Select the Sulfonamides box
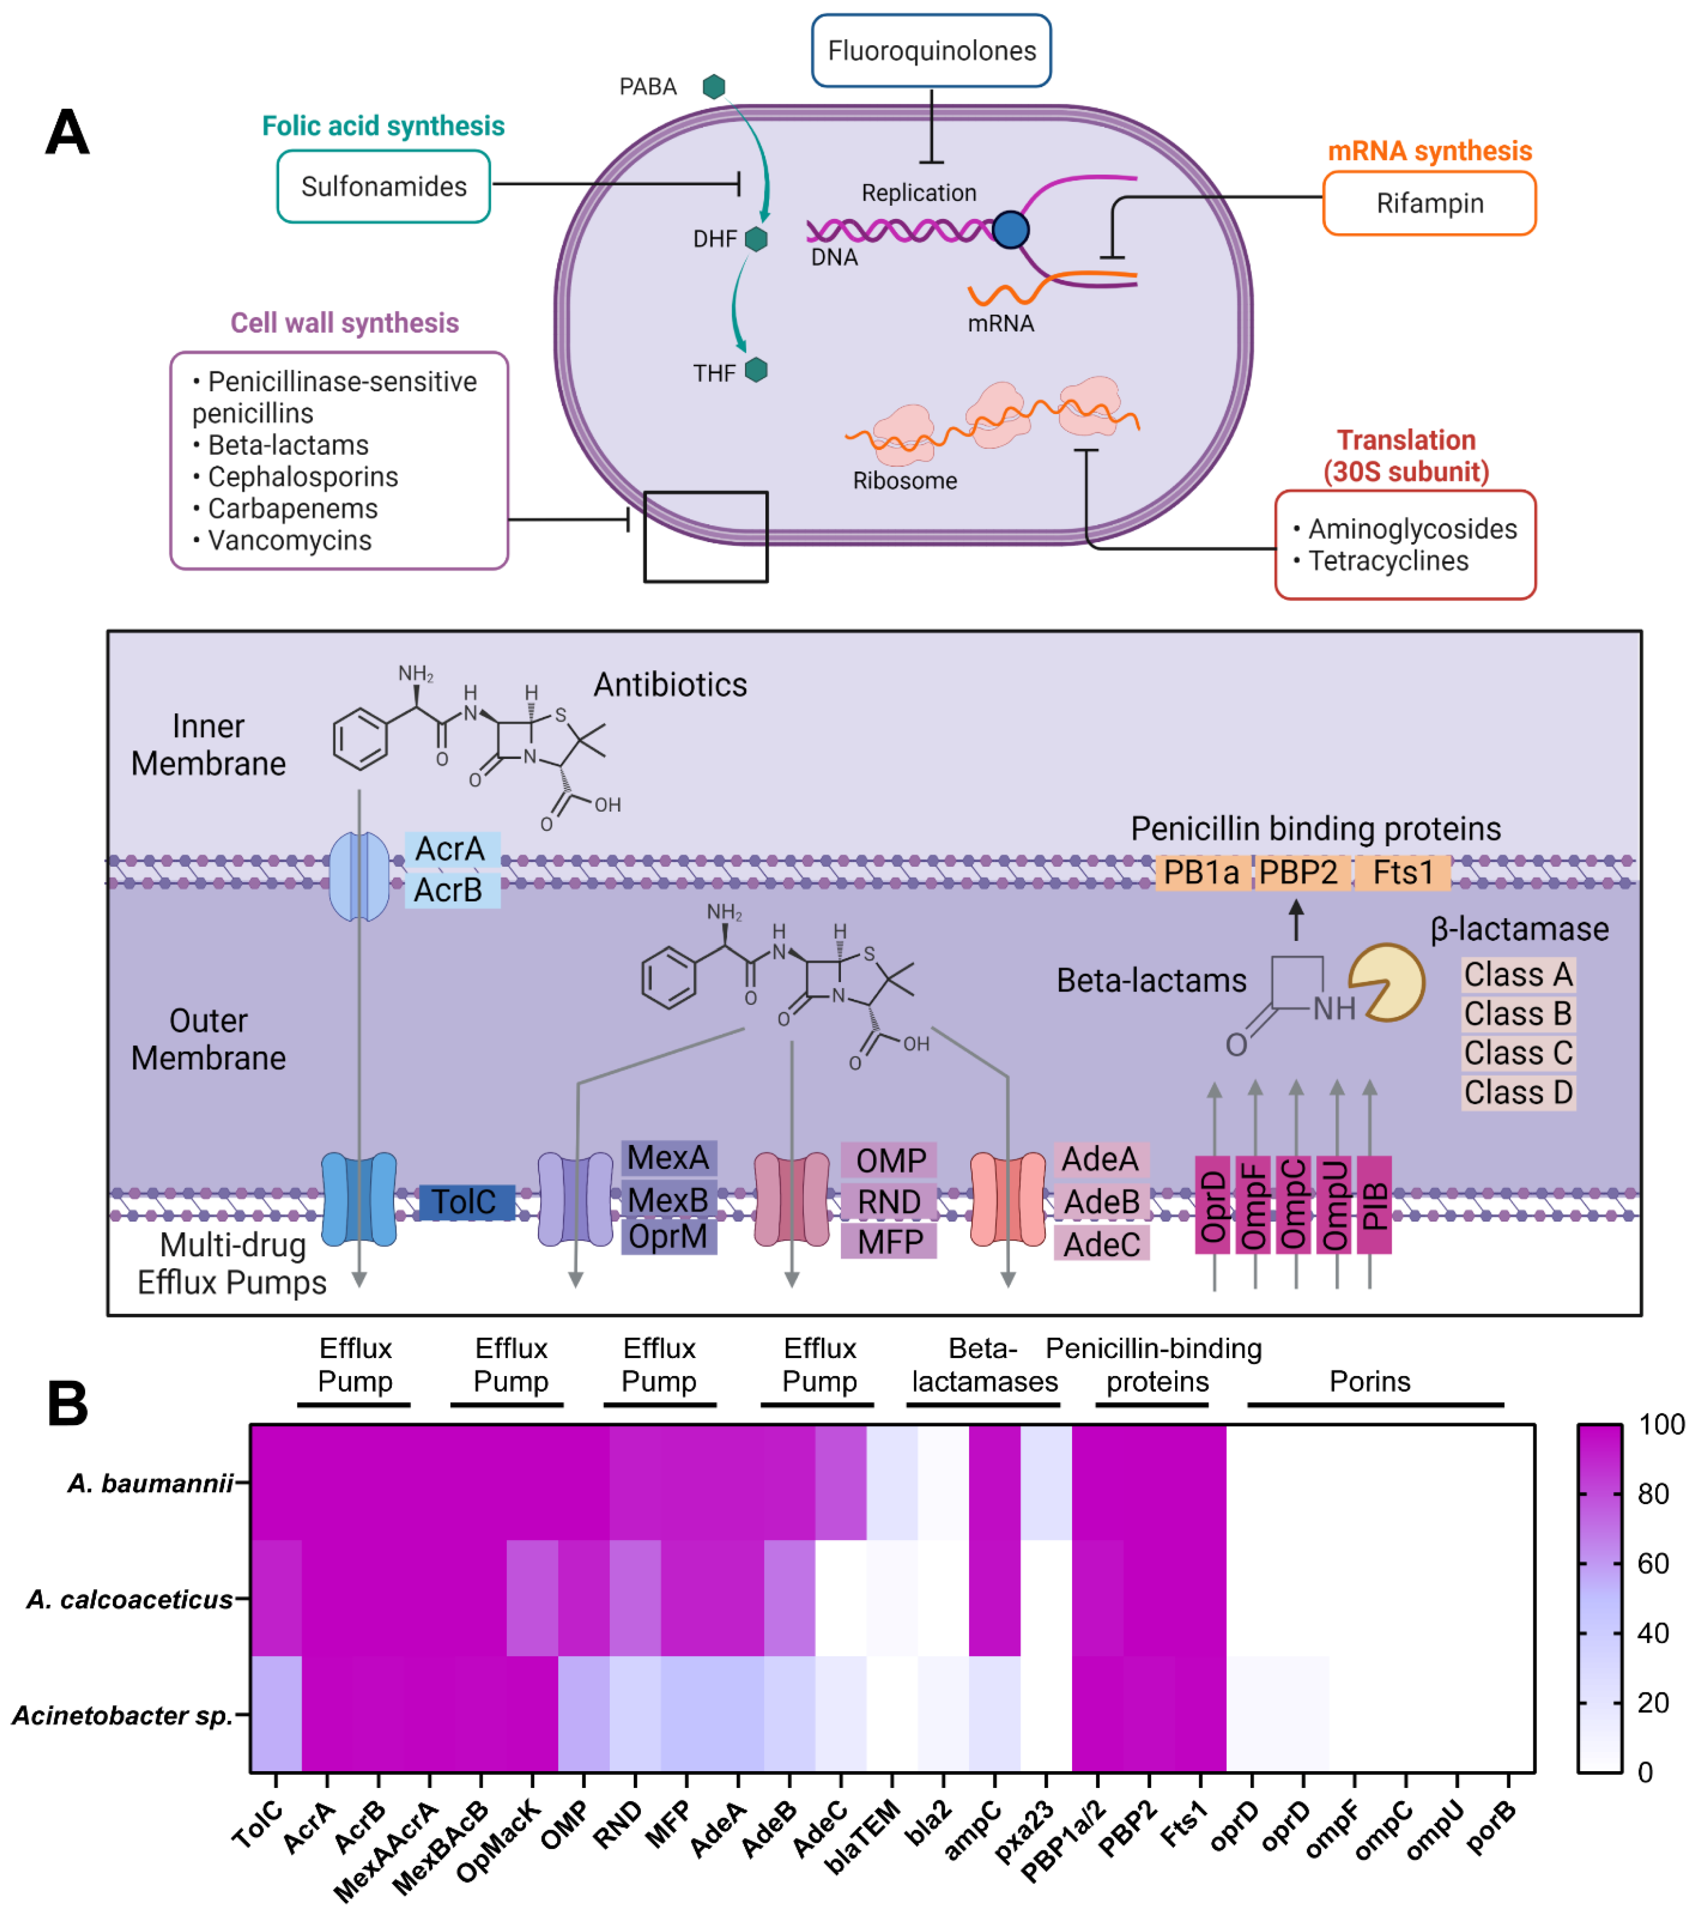coord(383,186)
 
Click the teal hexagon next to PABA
coord(714,87)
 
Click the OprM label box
coord(668,1237)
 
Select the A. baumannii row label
coord(150,1483)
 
